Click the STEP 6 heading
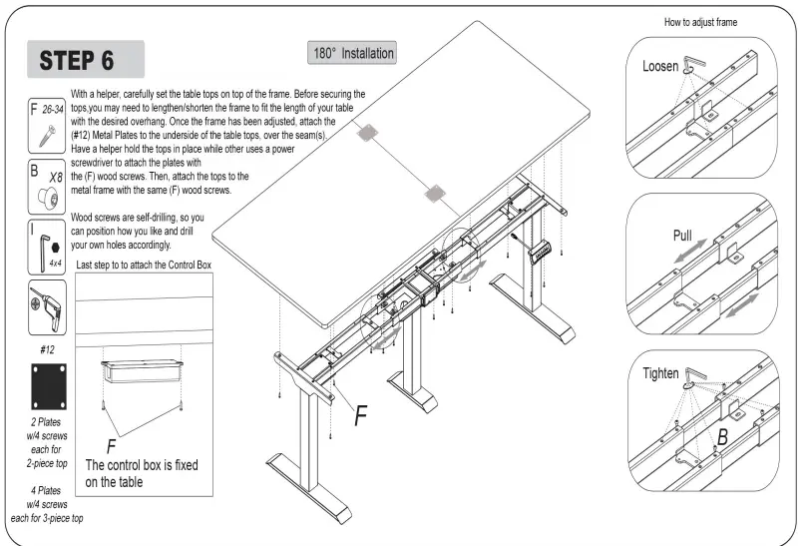click(x=77, y=59)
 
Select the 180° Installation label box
click(x=352, y=53)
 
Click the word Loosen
click(x=660, y=67)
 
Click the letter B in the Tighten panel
click(x=720, y=435)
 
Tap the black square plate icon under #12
click(x=49, y=383)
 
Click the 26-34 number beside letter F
click(x=54, y=105)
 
